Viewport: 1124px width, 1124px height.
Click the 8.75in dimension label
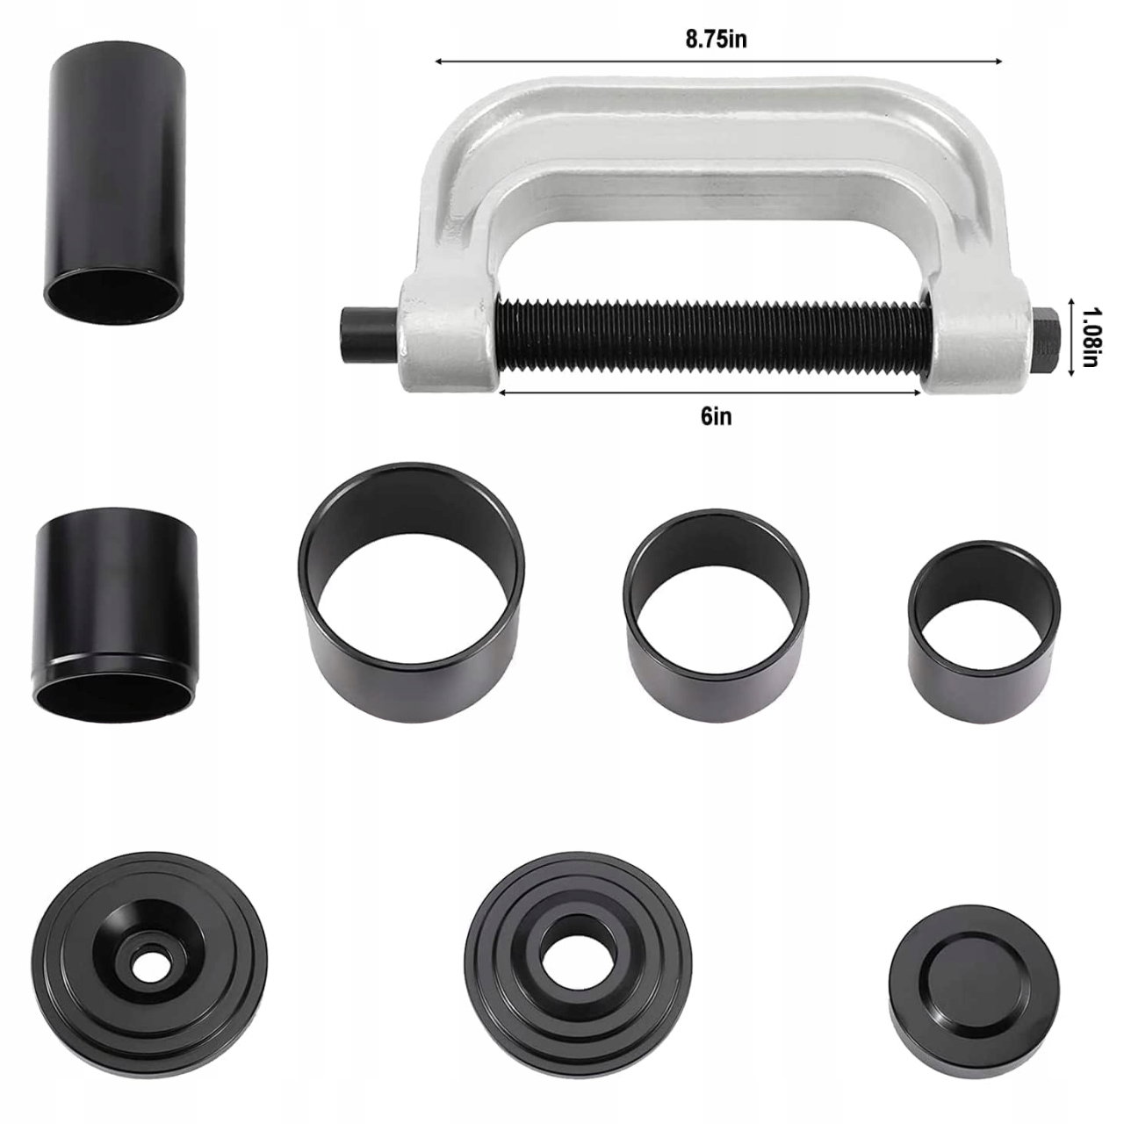pos(715,40)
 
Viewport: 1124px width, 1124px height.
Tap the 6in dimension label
pos(716,416)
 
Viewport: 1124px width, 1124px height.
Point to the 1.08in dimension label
pos(1089,337)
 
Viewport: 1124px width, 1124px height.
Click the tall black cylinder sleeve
pos(116,191)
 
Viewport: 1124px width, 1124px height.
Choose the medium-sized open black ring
pos(717,602)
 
